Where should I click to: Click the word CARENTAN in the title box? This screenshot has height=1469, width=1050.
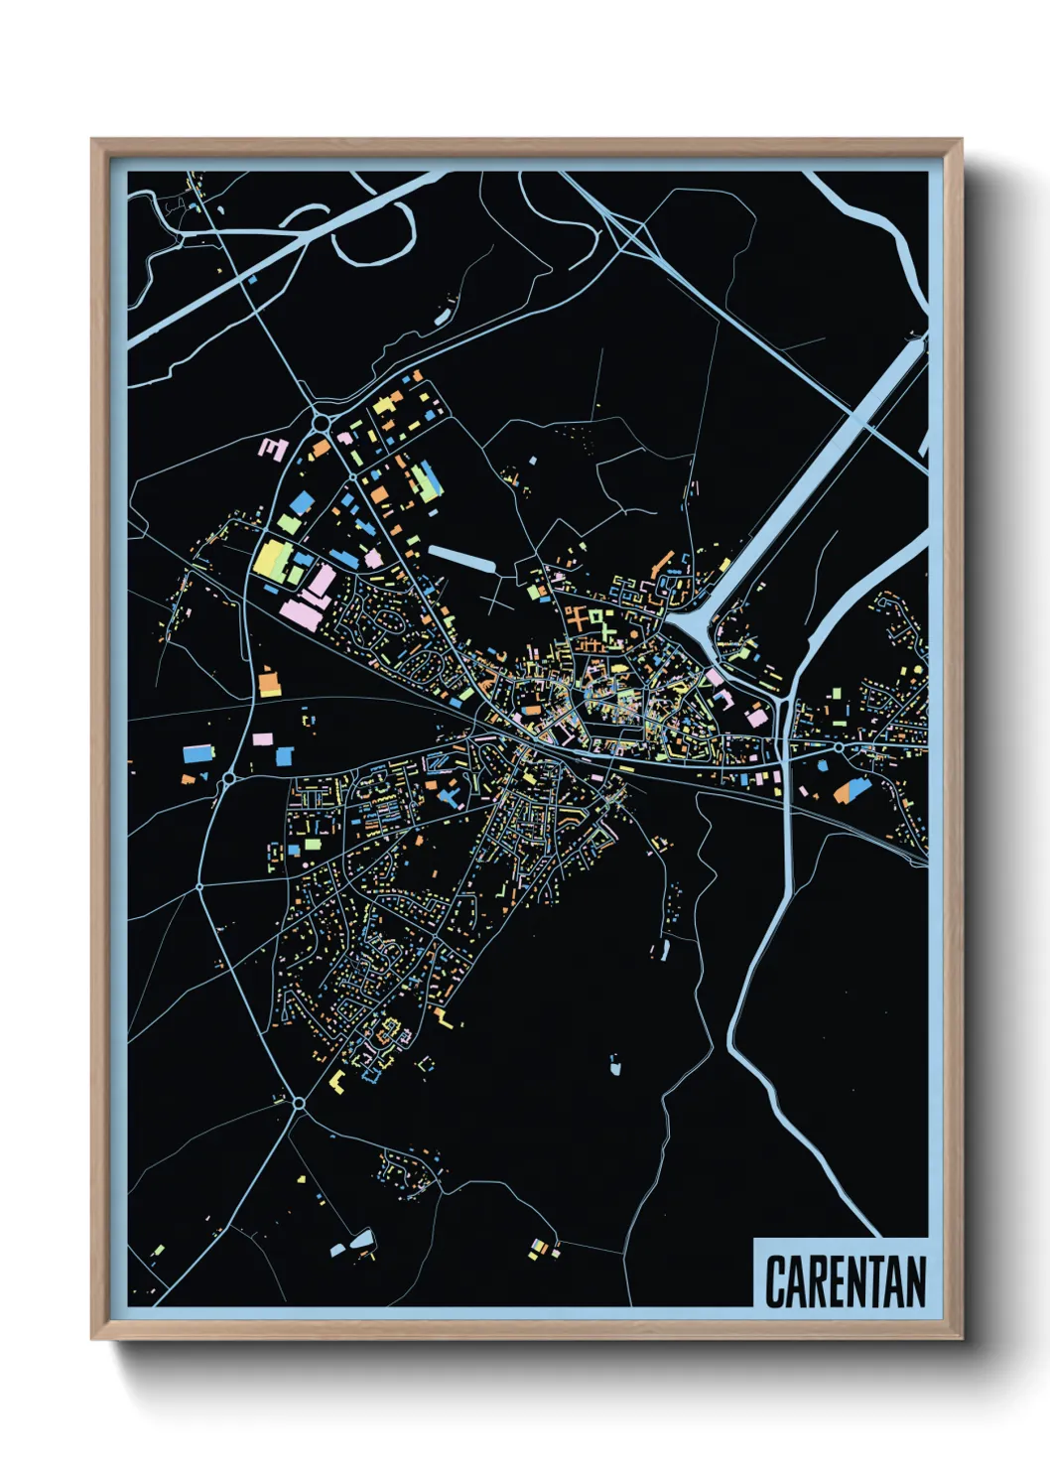(845, 1281)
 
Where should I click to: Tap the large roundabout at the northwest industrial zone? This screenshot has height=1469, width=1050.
(321, 424)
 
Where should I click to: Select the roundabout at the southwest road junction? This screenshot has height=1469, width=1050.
(298, 1102)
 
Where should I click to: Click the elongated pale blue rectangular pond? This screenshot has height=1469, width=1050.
(461, 559)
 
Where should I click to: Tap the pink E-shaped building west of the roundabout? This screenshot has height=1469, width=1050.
(273, 449)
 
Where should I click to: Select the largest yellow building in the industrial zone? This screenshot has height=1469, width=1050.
(270, 559)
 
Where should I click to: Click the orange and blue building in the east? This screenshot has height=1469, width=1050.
(851, 790)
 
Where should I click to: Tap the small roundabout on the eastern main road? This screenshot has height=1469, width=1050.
(839, 746)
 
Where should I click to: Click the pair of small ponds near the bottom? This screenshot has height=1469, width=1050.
(357, 1241)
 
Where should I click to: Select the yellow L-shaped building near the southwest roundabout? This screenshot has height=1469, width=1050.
(336, 1082)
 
